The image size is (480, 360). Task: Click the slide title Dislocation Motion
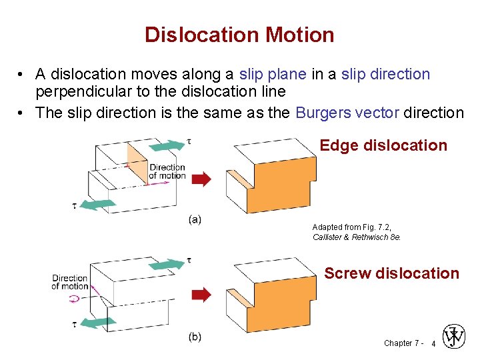click(x=239, y=35)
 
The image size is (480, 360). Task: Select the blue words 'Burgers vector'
click(x=347, y=112)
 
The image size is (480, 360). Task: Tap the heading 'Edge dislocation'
click(x=383, y=145)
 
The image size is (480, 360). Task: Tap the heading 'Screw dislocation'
click(x=391, y=273)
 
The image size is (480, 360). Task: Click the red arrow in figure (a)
click(x=201, y=179)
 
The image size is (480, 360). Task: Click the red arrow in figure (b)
click(x=201, y=294)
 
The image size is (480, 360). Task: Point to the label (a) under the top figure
click(x=195, y=219)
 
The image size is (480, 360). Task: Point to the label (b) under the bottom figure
click(x=195, y=337)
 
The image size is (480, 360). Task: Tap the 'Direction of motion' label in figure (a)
click(x=167, y=171)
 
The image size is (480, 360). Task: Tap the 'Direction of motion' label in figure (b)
click(x=69, y=282)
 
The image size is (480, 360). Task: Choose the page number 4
click(x=433, y=343)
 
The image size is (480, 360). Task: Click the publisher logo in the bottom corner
click(x=454, y=337)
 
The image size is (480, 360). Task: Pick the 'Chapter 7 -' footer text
click(x=403, y=343)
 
